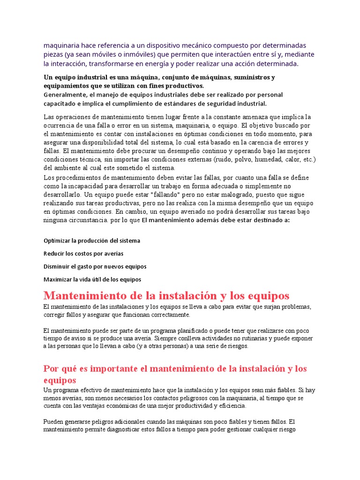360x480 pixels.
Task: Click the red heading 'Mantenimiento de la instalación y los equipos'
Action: [x=166, y=296]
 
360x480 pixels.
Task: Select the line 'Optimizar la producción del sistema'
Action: [x=92, y=240]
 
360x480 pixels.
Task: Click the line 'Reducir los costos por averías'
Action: [x=83, y=254]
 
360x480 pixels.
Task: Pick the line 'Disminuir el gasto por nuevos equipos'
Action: [x=95, y=266]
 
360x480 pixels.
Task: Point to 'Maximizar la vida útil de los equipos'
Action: [x=92, y=279]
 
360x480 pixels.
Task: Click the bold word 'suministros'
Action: [x=251, y=77]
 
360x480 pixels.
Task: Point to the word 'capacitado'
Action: [x=60, y=104]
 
